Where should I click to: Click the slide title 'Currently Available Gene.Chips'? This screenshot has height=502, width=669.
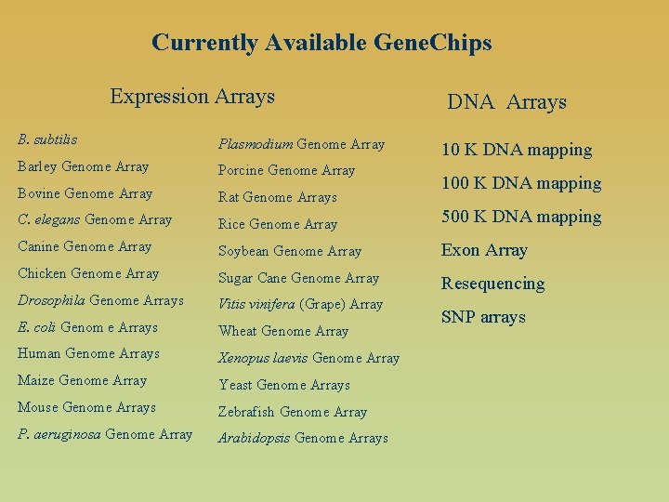tap(321, 43)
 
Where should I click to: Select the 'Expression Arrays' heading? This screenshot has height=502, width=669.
tap(192, 96)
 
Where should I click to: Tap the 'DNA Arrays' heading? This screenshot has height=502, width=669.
tap(506, 102)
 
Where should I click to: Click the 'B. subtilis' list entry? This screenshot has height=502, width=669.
tap(47, 139)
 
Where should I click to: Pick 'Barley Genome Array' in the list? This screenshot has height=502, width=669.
tap(84, 166)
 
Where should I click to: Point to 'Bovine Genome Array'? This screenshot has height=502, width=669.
tap(85, 193)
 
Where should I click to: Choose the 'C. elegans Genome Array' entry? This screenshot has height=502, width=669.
tap(95, 220)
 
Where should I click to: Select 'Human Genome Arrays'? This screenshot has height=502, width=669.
tap(89, 353)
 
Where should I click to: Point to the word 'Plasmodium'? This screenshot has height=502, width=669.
tap(256, 144)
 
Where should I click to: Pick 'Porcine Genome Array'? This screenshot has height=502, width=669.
tap(286, 170)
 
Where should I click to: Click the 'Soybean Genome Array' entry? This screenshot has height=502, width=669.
tap(290, 251)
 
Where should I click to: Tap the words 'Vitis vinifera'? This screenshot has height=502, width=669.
tap(256, 304)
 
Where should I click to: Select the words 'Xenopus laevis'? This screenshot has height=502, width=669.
tap(263, 358)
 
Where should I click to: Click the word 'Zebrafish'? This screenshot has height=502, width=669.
tap(247, 412)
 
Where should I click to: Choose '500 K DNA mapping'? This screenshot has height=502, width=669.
tap(521, 217)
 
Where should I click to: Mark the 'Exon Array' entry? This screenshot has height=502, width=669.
tap(484, 250)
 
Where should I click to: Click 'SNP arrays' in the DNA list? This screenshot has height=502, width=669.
tap(483, 317)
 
